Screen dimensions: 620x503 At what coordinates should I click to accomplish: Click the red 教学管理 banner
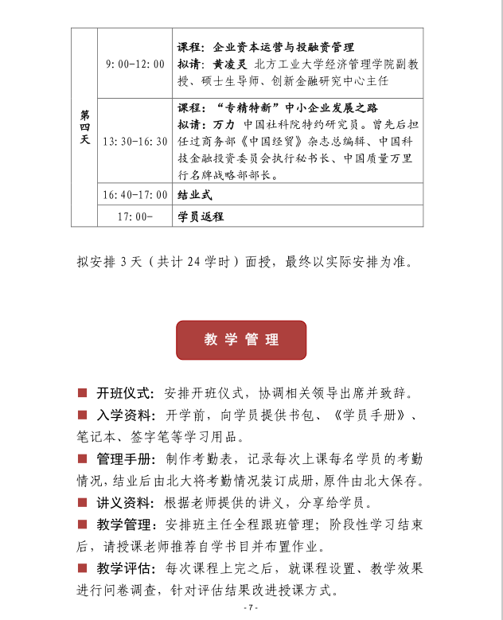pos(241,340)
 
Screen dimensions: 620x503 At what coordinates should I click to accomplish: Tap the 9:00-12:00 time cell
pos(135,64)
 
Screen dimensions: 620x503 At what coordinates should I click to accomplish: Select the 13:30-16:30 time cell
pos(135,141)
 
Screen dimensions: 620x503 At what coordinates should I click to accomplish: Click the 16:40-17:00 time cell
pos(135,195)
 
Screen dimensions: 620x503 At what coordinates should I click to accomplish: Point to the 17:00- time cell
pos(135,216)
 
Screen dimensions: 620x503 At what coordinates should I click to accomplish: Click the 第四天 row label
pos(84,127)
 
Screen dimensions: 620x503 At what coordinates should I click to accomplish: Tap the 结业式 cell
pos(195,195)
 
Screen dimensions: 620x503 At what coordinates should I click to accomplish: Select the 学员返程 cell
pos(201,216)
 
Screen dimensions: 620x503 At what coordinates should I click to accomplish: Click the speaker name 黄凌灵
pos(231,64)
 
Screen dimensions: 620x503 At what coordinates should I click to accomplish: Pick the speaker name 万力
pos(224,125)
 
